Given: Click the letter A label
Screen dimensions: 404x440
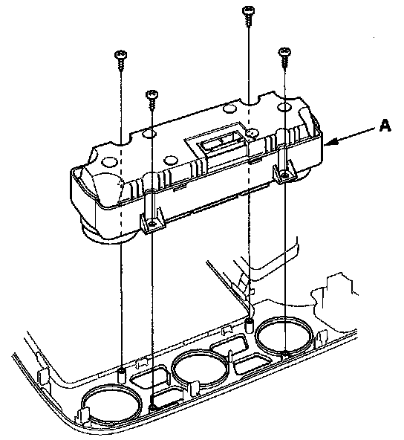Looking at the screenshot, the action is tap(385, 125).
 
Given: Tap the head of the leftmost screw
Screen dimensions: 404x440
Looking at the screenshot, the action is tap(121, 54).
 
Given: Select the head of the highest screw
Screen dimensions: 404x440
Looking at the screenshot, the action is tap(248, 11).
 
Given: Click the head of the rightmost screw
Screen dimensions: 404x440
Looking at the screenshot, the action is tap(284, 51).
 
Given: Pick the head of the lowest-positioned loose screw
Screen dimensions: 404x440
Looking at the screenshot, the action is tap(152, 94).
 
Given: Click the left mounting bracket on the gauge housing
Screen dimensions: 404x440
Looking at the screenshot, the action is tap(152, 221).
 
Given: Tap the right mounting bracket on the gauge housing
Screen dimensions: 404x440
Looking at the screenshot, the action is tap(285, 172).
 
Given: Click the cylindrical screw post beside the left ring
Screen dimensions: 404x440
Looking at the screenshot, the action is tap(121, 376).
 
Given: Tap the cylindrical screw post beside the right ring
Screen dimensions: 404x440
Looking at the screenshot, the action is tap(249, 325).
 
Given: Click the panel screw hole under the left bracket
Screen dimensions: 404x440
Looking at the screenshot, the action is tap(152, 407).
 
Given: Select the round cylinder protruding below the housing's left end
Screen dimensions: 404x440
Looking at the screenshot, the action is tap(109, 234).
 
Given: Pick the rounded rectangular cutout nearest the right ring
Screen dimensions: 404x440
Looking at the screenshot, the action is tap(251, 365).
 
